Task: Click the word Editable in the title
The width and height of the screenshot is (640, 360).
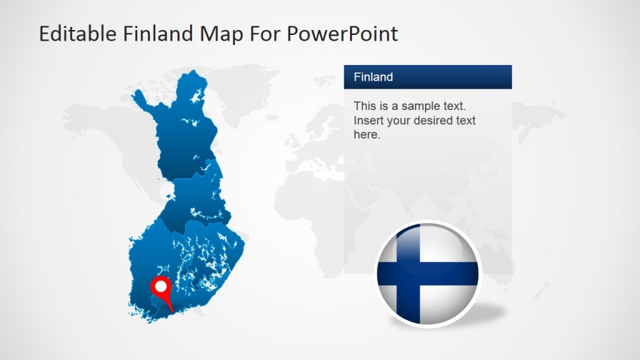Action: tap(69, 34)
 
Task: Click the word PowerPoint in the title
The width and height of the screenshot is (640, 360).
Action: tap(342, 34)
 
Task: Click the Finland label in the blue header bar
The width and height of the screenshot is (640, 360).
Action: tap(373, 77)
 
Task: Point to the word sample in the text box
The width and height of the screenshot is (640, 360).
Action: tap(421, 106)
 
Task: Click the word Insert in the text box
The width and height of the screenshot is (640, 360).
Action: tap(368, 120)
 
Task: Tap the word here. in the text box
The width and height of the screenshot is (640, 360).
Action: tap(367, 134)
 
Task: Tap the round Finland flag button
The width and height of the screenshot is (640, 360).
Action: tap(428, 273)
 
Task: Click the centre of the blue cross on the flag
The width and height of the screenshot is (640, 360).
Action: tap(411, 273)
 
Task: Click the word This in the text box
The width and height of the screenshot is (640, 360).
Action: tap(365, 106)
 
